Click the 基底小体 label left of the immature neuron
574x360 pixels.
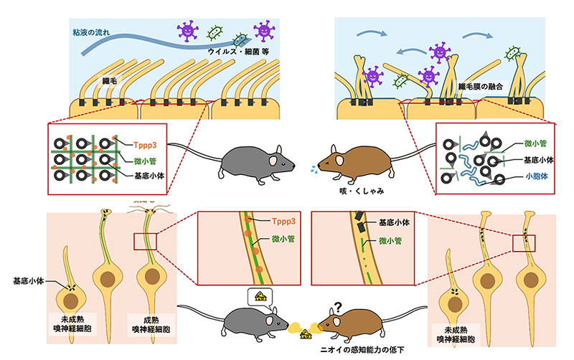click(x=30, y=280)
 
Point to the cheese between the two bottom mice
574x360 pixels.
click(x=305, y=332)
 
